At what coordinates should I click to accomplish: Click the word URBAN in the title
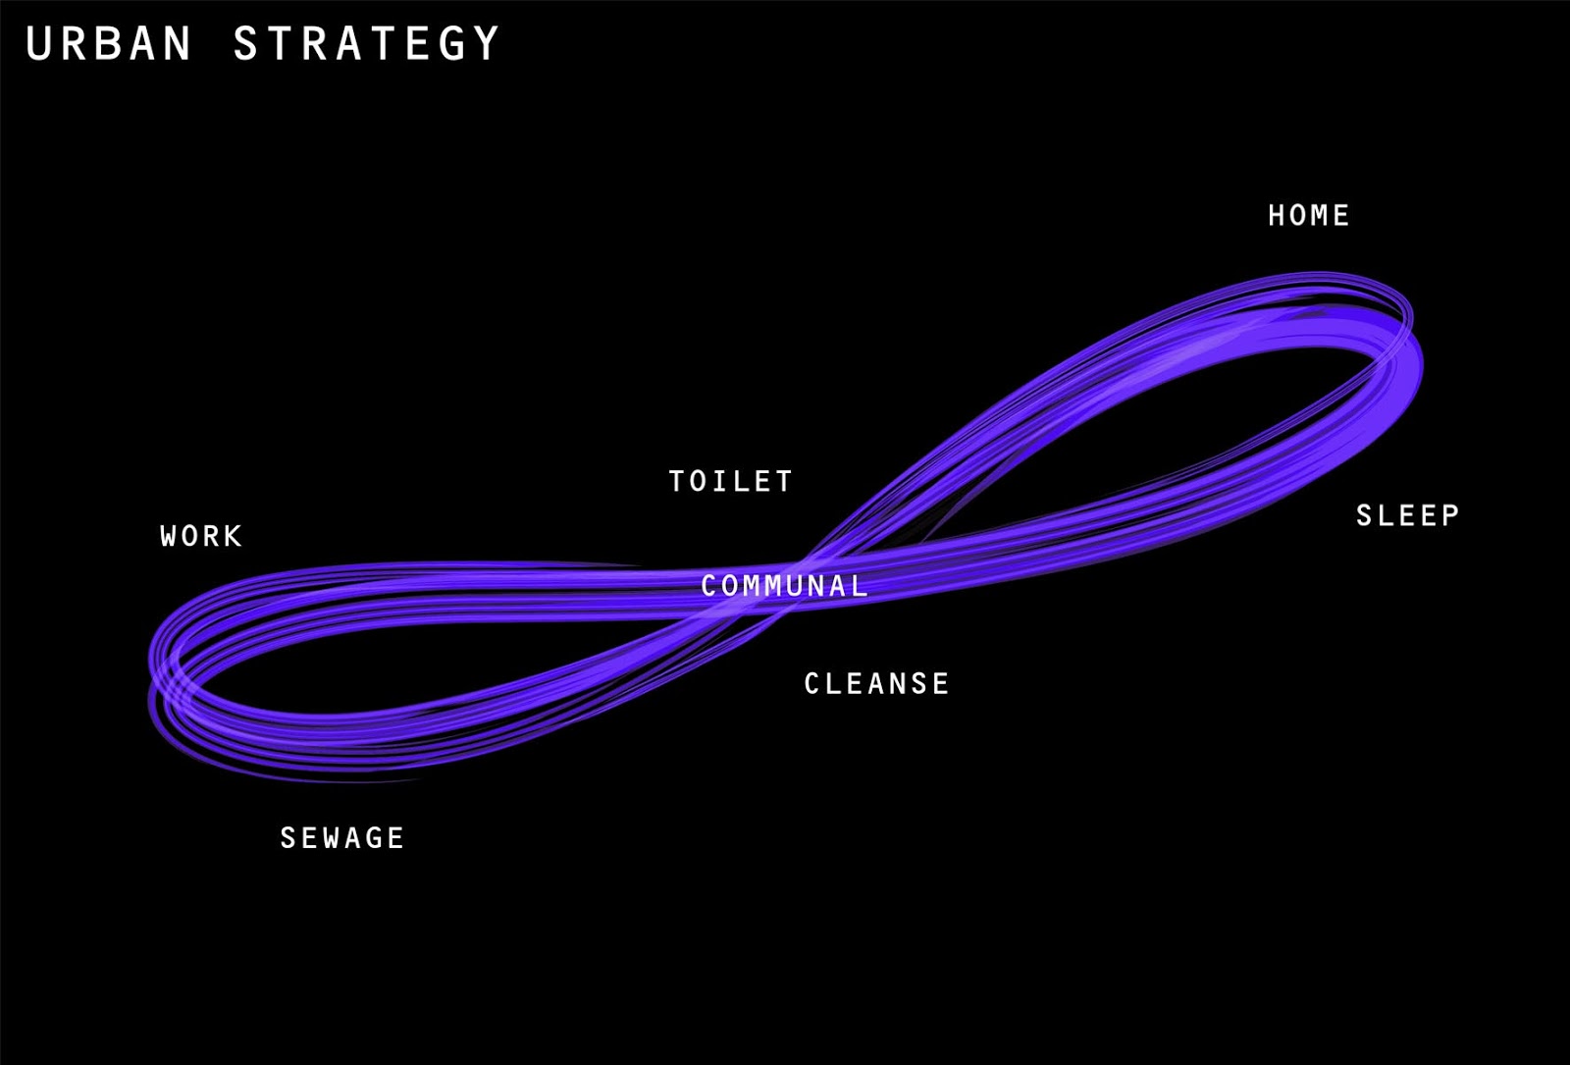coord(108,44)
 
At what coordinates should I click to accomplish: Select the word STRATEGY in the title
coord(366,44)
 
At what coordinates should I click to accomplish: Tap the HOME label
coord(1308,216)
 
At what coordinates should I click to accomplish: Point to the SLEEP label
coord(1407,515)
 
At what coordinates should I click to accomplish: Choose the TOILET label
coord(730,481)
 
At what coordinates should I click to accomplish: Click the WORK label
coord(201,536)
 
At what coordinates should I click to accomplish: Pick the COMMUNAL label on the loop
coord(784,586)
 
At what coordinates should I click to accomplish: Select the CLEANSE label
coord(876,683)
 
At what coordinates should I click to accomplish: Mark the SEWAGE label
coord(341,837)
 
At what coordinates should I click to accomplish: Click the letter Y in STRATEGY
coord(486,44)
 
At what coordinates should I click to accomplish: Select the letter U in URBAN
coord(38,44)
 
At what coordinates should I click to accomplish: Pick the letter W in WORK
coord(170,536)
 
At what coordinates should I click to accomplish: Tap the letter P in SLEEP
coord(1449,515)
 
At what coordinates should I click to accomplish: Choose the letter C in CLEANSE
coord(812,683)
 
